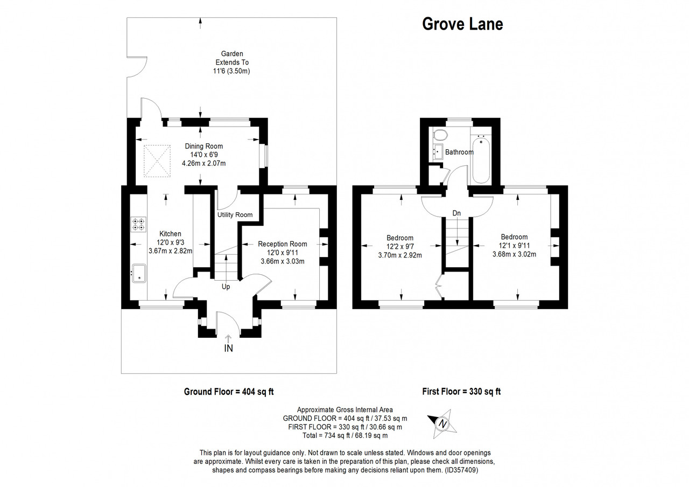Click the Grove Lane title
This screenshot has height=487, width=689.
(x=462, y=24)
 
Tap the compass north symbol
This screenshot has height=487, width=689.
(x=442, y=424)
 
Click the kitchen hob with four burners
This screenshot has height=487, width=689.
(x=138, y=224)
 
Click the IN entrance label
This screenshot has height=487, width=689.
(x=228, y=349)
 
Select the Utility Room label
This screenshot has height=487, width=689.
(x=235, y=215)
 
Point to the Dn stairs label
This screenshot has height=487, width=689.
(x=456, y=213)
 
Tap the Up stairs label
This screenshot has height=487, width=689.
(x=226, y=287)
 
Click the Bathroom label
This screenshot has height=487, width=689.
(x=459, y=152)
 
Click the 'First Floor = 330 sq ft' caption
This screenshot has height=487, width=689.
(x=461, y=392)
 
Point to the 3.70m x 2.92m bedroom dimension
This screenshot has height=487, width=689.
(x=399, y=255)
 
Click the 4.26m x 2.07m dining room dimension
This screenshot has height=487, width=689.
(x=203, y=163)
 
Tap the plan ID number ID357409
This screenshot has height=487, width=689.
(x=461, y=470)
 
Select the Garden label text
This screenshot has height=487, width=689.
(x=232, y=53)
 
